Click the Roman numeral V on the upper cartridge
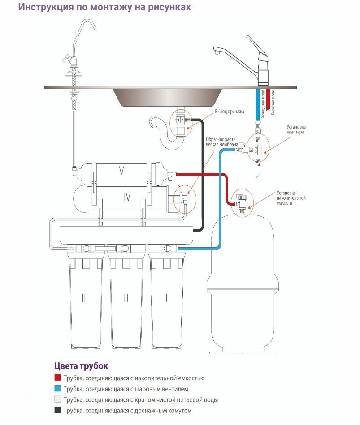tap(121, 170)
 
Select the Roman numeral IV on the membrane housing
tap(127, 197)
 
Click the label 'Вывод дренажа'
tap(229, 112)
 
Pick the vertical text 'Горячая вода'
tap(273, 101)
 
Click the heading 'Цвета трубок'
tap(81, 366)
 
